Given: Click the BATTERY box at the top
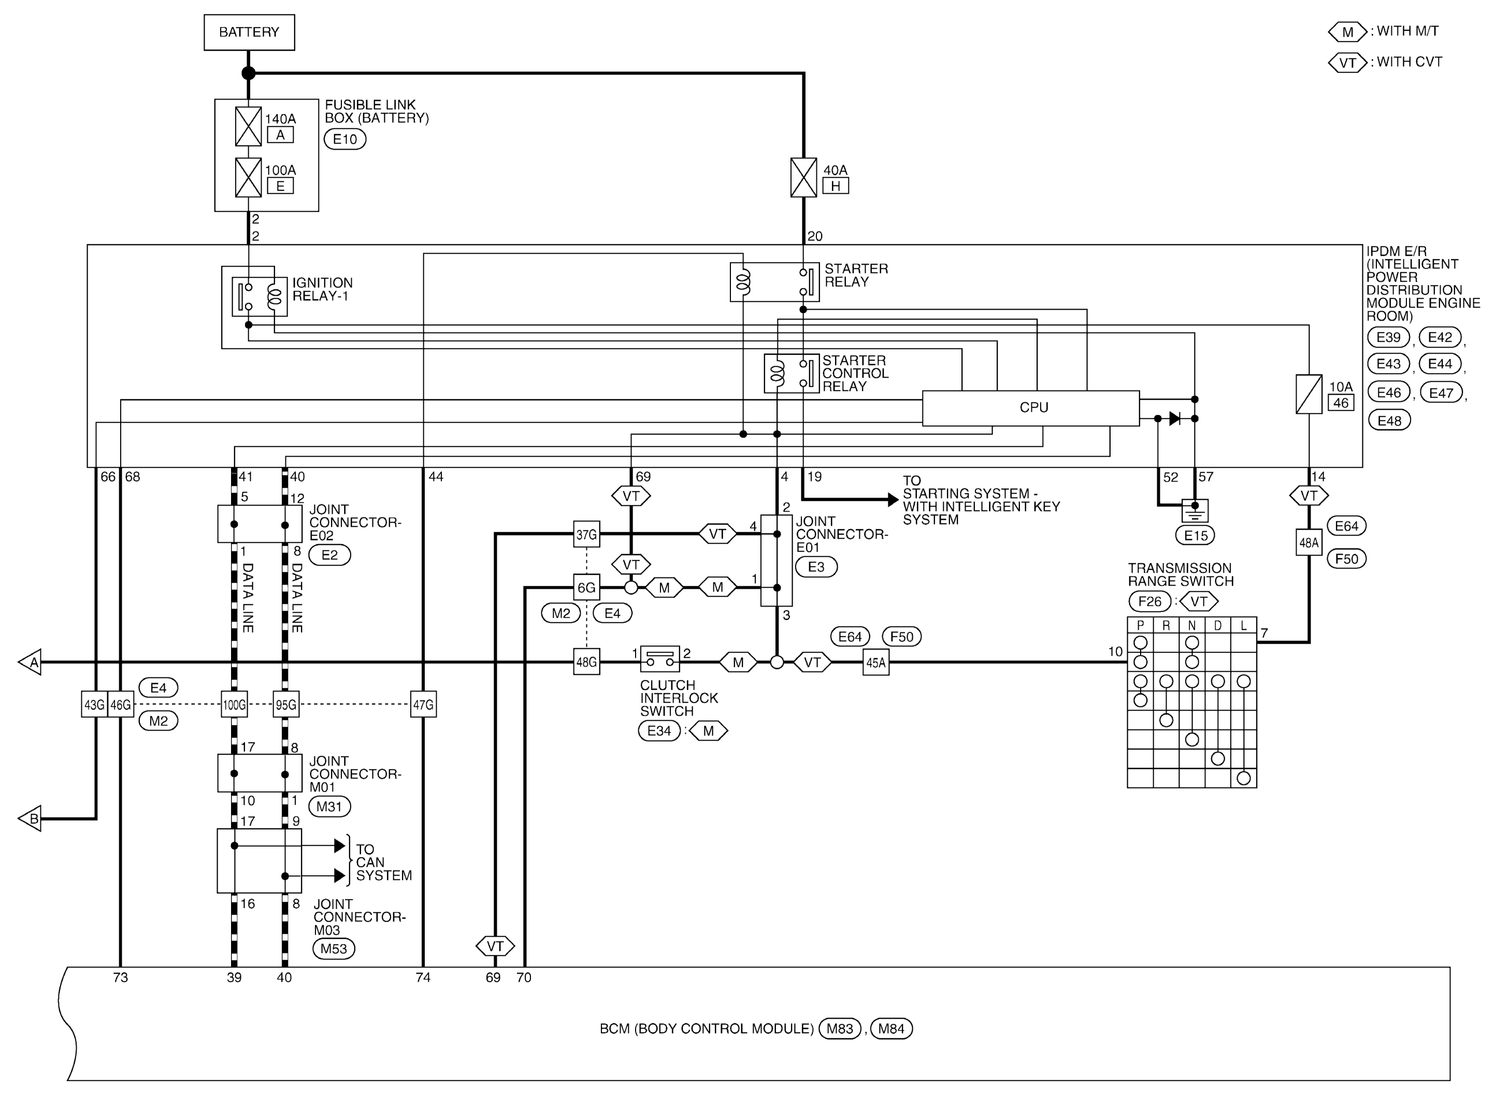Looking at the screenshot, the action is [249, 32].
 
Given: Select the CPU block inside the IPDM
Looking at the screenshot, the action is [1030, 408].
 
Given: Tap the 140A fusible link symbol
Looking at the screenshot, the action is [249, 126].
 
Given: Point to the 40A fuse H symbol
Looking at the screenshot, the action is [803, 178].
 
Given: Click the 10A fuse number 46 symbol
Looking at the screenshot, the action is [1308, 394].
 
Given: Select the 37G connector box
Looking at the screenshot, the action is [586, 534].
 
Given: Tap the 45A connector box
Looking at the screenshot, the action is [875, 662].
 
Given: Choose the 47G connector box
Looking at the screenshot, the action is [423, 704].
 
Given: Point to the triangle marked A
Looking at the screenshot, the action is [30, 662].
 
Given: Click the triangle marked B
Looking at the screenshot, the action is [30, 819].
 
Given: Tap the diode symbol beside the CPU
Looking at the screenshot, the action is [1175, 418].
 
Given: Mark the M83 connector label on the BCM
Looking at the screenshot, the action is [840, 1029].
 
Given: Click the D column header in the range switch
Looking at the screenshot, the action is [1217, 626].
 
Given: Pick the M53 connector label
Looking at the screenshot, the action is [333, 949].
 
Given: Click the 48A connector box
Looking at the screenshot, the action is [1308, 543].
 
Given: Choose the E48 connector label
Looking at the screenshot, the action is [1389, 420].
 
